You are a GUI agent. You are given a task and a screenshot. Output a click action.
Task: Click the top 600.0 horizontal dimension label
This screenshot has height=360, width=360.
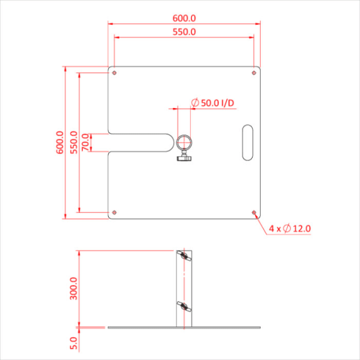click(x=184, y=18)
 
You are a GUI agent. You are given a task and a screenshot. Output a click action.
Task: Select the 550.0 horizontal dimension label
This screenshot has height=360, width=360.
click(x=184, y=31)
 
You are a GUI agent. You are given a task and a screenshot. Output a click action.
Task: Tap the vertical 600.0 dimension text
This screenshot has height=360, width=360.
click(x=60, y=143)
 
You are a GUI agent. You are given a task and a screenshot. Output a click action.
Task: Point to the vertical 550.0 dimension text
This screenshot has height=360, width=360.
click(x=74, y=143)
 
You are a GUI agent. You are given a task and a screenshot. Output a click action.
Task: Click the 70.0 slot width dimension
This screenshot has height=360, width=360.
click(x=86, y=143)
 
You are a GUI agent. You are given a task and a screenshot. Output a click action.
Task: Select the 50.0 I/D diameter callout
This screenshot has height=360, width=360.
click(x=217, y=102)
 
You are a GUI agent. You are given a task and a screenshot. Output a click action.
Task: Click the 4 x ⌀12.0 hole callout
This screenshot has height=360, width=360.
click(x=290, y=228)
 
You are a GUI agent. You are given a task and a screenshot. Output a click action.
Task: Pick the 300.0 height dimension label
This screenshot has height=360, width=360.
click(x=74, y=288)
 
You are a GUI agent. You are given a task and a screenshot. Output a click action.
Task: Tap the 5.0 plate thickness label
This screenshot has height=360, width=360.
click(x=74, y=343)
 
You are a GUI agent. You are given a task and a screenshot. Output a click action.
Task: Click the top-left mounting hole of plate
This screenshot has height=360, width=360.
click(x=114, y=73)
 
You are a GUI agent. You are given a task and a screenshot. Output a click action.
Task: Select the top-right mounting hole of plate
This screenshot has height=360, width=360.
click(x=254, y=73)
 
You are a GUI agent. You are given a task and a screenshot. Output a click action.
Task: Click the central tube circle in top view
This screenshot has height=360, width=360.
click(x=184, y=142)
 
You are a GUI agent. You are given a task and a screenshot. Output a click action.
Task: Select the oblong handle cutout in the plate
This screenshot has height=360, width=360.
click(x=246, y=142)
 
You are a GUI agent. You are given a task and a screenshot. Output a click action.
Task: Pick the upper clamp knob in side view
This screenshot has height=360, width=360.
click(x=183, y=257)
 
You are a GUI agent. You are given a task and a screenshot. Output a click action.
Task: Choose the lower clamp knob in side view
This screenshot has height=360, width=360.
click(x=183, y=308)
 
